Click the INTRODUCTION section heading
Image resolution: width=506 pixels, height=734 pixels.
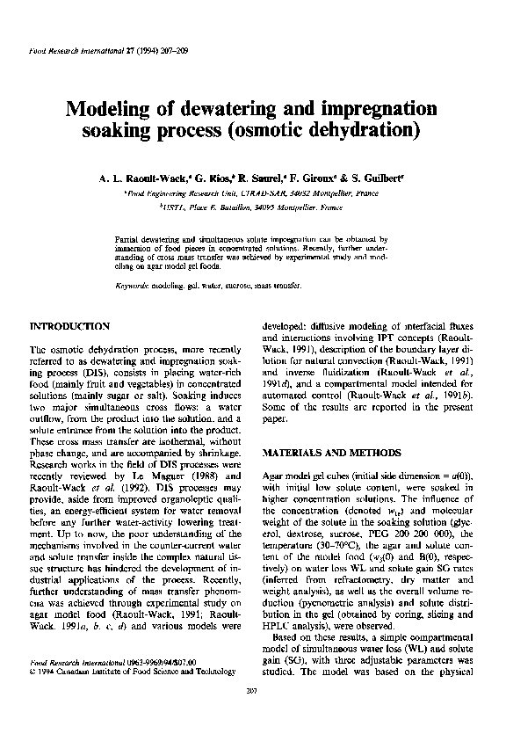[x=70, y=325]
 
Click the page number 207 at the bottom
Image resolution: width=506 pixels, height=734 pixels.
[x=252, y=710]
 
